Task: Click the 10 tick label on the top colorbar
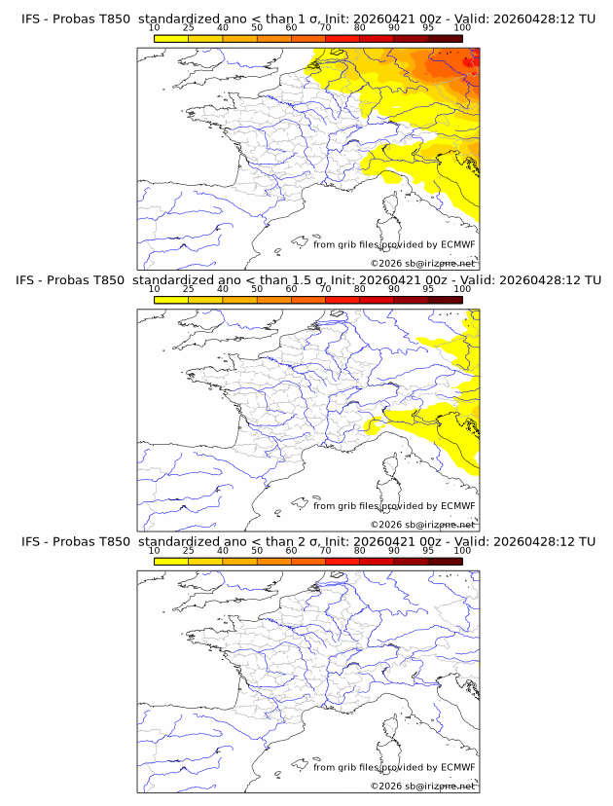(x=154, y=27)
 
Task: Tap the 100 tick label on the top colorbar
(x=462, y=27)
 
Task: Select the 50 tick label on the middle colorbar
(x=257, y=289)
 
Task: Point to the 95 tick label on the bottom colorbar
(x=428, y=551)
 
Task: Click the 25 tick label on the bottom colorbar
(x=188, y=551)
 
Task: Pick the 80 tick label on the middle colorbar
(x=360, y=289)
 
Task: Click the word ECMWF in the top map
(x=458, y=244)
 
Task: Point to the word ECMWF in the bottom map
(x=458, y=767)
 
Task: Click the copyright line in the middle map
(x=423, y=524)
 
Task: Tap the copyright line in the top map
(x=423, y=263)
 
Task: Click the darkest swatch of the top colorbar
(x=445, y=38)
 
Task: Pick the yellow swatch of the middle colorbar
(x=170, y=300)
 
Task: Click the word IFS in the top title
(x=31, y=18)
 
